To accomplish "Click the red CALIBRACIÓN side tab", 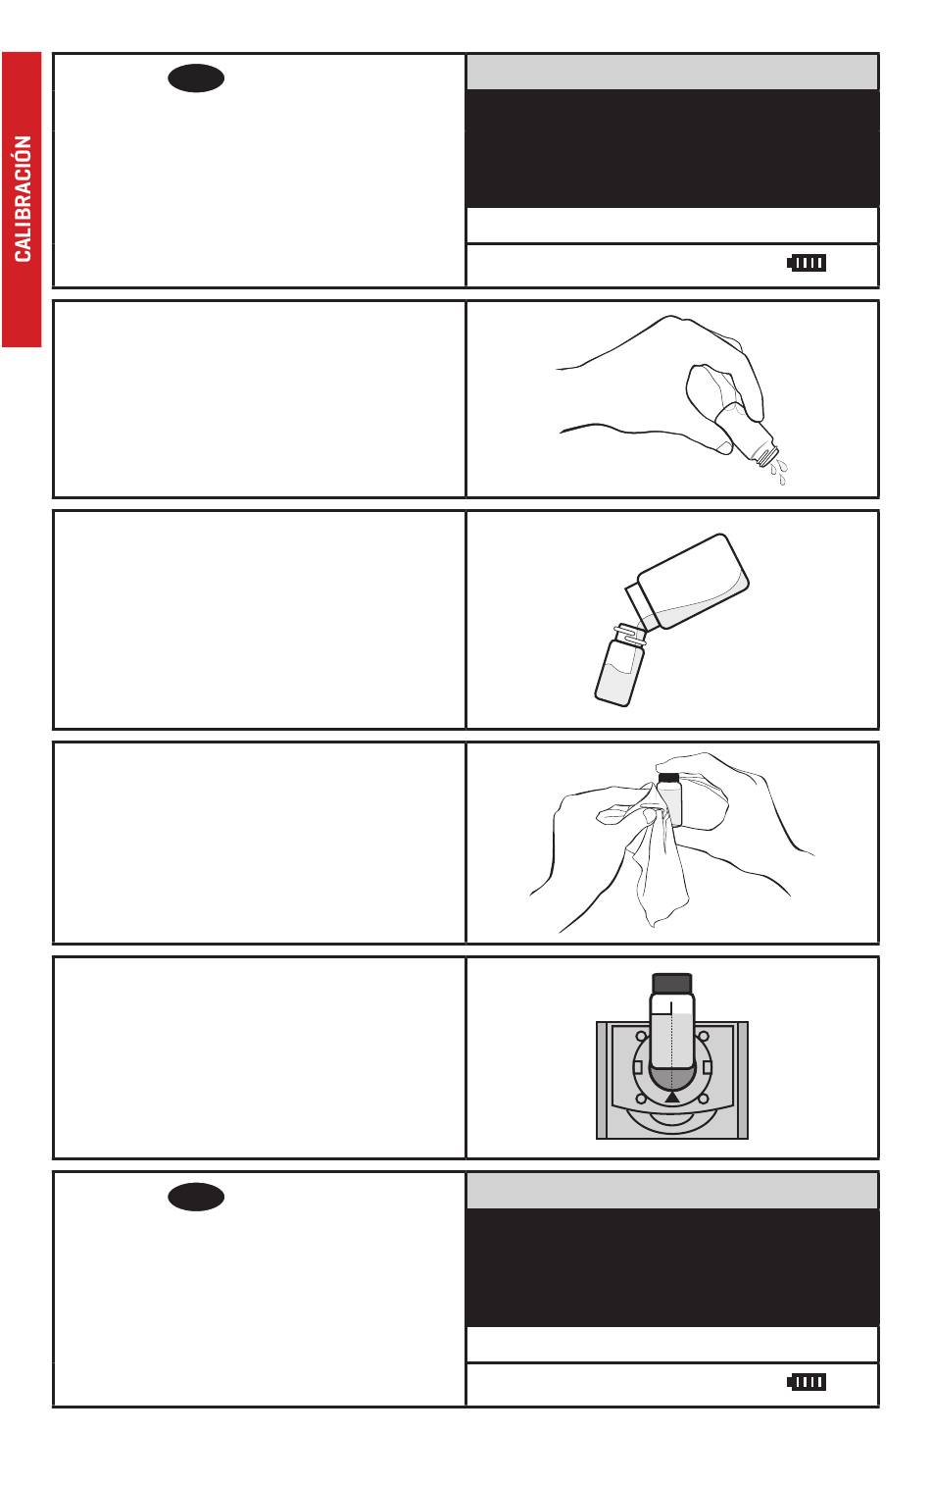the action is tap(22, 199).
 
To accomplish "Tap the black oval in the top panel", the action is tap(196, 78).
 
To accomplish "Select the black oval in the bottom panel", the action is tap(196, 1197).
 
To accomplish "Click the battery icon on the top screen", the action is tap(807, 263).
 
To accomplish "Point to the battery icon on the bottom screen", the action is tap(807, 1382).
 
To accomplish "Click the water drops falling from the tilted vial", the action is tap(779, 470).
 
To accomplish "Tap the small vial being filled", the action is tap(620, 665).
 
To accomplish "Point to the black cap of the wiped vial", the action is tap(668, 777).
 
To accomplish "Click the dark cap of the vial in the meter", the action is tap(672, 983).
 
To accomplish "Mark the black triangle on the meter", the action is tap(672, 1098).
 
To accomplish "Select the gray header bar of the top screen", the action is tap(672, 72).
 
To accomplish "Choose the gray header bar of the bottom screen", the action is tap(672, 1191).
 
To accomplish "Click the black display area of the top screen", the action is tap(672, 148).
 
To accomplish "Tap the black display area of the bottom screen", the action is tap(672, 1267).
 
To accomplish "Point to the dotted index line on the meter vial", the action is tap(671, 1047).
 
